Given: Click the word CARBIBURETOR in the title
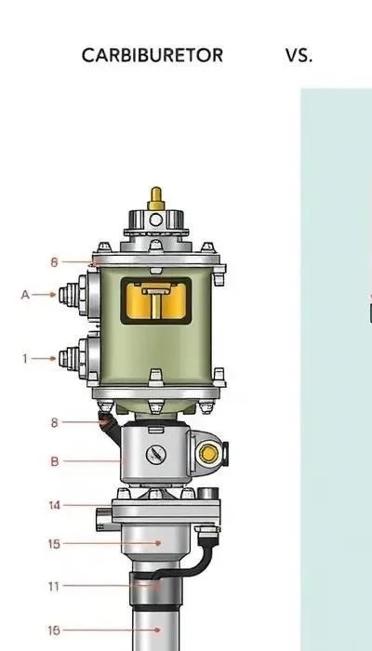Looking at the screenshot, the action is click(153, 56).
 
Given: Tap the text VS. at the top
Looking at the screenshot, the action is click(299, 56).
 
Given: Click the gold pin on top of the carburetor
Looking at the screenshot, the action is click(156, 198).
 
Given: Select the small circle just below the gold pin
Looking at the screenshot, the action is click(156, 219).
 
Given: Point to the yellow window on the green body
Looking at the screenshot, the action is click(156, 301).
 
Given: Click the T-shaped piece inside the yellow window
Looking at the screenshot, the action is click(156, 299).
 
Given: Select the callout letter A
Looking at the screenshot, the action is click(25, 295).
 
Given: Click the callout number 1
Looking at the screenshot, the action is click(25, 359).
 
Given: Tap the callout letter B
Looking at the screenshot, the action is click(54, 461).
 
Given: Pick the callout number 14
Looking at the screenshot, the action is click(54, 505).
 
